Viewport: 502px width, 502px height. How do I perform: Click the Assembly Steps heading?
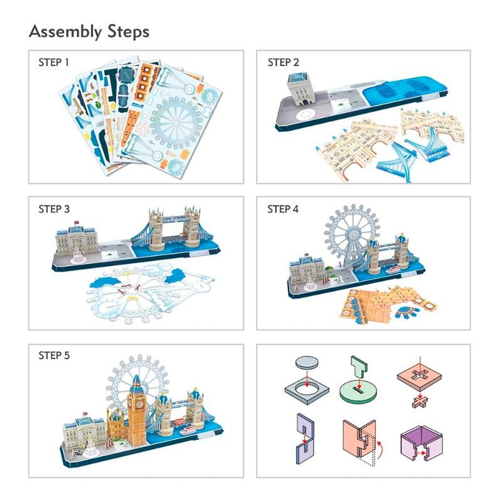pos(89,32)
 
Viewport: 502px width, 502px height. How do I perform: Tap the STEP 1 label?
pos(53,62)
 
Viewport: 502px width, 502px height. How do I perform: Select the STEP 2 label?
pos(283,62)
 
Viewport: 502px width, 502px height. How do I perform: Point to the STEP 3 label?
pos(54,209)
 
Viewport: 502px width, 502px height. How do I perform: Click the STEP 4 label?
pos(283,209)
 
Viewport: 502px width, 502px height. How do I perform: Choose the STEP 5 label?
pos(54,355)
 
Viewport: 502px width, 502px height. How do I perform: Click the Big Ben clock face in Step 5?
pos(139,404)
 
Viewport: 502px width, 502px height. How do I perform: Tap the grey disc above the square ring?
pos(307,363)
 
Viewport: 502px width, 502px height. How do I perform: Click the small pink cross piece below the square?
pos(419,402)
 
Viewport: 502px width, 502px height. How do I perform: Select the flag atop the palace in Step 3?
pos(76,223)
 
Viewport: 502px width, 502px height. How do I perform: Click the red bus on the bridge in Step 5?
pos(180,421)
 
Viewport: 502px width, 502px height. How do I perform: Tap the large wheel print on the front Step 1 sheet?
pos(176,122)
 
